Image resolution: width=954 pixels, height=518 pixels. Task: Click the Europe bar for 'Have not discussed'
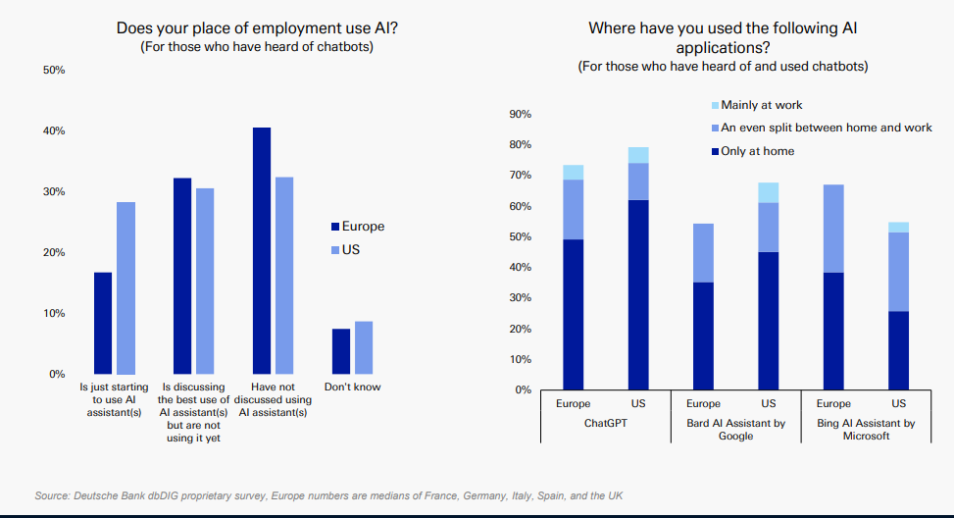point(261,250)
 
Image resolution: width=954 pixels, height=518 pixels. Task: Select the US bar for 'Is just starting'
point(126,287)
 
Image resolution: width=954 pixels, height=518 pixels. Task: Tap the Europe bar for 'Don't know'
point(340,351)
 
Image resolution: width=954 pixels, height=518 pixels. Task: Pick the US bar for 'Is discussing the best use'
point(205,281)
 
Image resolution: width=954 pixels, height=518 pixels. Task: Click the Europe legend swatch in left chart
point(334,227)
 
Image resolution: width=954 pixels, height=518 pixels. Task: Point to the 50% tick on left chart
point(54,71)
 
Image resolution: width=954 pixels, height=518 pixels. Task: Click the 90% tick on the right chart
point(520,115)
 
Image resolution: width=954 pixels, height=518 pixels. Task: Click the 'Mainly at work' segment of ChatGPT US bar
point(638,155)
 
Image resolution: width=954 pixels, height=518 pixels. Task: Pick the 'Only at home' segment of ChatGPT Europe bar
point(573,314)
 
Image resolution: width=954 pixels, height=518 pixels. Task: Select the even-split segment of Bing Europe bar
point(833,229)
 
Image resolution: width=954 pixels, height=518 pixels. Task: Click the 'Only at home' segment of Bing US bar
point(898,350)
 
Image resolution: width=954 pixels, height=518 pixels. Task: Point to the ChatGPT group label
point(605,424)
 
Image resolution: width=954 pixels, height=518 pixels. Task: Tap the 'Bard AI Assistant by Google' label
point(735,430)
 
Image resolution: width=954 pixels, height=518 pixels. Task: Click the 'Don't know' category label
point(353,387)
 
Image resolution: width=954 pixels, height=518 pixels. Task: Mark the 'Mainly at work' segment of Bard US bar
point(769,192)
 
